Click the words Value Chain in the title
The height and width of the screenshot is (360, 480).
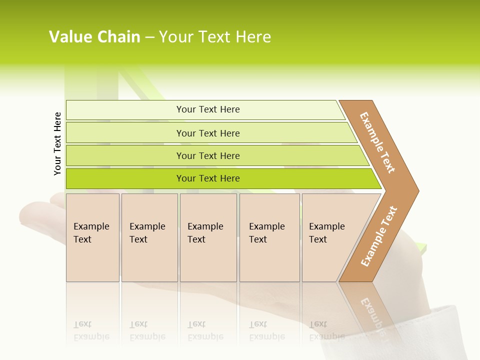94,37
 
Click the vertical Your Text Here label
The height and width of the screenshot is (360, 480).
57,143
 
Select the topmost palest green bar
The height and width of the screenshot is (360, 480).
125,109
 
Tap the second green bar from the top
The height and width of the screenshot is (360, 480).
125,133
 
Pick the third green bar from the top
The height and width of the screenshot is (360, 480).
125,155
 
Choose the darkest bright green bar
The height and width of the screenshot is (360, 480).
125,178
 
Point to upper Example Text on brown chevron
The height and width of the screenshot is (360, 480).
377,142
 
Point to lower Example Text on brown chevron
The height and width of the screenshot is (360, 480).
379,236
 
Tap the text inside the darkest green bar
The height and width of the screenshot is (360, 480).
208,178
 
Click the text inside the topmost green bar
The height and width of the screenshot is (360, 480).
208,109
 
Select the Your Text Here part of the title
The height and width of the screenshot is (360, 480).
215,37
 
